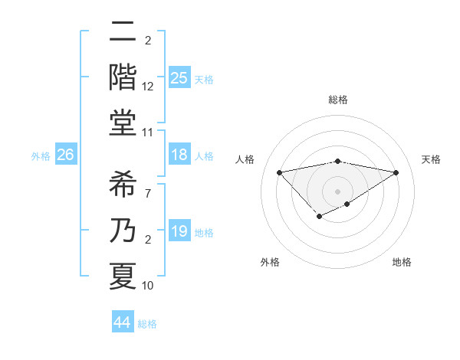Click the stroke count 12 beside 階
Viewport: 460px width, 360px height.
pyautogui.click(x=148, y=87)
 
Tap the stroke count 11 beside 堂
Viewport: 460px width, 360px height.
pyautogui.click(x=148, y=132)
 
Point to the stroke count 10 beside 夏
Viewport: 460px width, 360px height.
pyautogui.click(x=148, y=286)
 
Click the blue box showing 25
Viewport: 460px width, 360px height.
pyautogui.click(x=179, y=78)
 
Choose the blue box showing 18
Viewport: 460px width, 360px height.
pyautogui.click(x=179, y=155)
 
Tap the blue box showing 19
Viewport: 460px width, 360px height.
pyautogui.click(x=179, y=231)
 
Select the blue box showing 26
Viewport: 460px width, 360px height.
pyautogui.click(x=65, y=155)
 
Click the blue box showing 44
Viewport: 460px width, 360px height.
pyautogui.click(x=123, y=322)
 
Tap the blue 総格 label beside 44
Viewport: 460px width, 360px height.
pyautogui.click(x=147, y=324)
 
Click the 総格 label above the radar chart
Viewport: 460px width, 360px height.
pyautogui.click(x=337, y=100)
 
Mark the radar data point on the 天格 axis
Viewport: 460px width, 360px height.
pyautogui.click(x=396, y=172)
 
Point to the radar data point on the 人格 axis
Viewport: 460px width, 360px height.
pyautogui.click(x=279, y=172)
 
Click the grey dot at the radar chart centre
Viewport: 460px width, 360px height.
pyautogui.click(x=337, y=191)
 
